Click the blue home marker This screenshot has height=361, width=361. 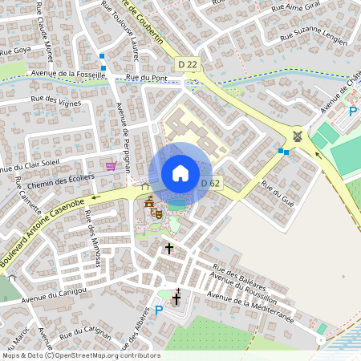[x=180, y=173]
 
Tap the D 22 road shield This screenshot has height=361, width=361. [x=187, y=63]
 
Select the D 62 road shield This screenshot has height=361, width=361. [x=210, y=184]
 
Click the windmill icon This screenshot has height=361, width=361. [x=298, y=136]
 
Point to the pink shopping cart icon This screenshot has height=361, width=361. [x=112, y=166]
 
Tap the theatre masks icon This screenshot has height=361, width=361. [x=158, y=213]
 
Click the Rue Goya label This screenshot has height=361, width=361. [x=15, y=51]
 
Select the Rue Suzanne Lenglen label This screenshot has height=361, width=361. [x=312, y=36]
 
